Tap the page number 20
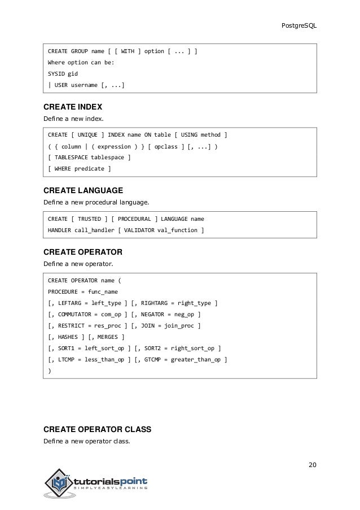click(x=313, y=465)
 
